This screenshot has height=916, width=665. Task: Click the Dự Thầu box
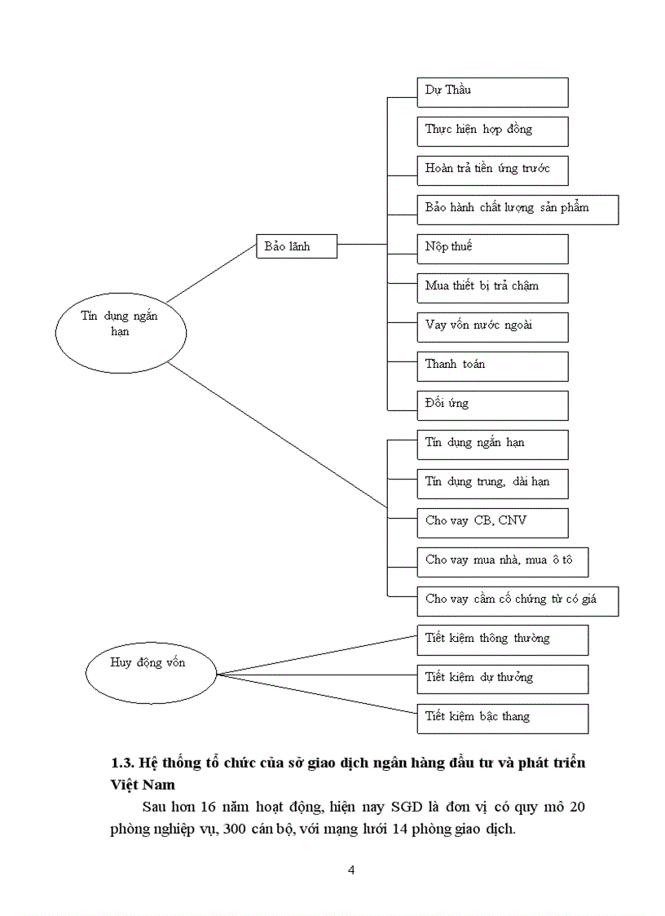point(492,92)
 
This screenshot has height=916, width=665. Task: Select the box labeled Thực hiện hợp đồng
point(492,131)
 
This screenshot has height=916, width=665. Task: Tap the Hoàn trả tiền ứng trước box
point(492,170)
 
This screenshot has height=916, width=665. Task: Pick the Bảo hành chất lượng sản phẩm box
point(517,210)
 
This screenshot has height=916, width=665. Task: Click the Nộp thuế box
point(492,249)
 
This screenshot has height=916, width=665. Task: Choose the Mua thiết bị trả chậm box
point(492,288)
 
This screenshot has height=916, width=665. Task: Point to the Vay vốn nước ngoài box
point(492,327)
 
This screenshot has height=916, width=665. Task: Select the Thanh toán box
point(492,366)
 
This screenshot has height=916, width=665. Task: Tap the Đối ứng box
point(492,405)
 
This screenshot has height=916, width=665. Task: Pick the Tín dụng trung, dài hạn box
point(492,484)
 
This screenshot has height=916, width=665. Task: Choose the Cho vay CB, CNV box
point(492,523)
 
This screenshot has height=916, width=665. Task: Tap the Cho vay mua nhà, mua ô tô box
point(502,562)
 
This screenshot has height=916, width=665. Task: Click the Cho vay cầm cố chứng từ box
point(517,601)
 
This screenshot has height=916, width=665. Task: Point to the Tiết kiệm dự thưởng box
point(502,679)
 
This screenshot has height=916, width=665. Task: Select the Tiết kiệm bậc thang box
point(502,719)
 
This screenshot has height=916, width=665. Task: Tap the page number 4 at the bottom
point(351,870)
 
